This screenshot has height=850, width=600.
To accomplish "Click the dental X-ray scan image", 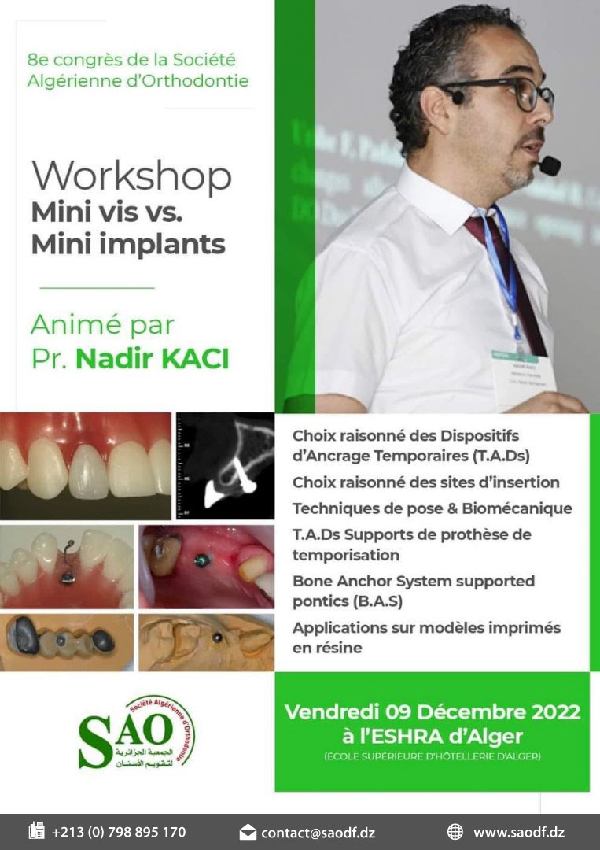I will (224, 466).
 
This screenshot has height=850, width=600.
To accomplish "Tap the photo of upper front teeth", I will (85, 466).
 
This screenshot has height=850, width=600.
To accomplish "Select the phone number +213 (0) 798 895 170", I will (119, 832).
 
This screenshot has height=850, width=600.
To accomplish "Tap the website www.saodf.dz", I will (518, 832).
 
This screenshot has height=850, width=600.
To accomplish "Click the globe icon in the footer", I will (455, 832).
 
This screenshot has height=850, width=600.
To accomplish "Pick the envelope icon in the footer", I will (248, 832).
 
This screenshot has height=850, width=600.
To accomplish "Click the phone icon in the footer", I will (36, 831).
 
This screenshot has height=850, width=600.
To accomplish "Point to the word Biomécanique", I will (523, 508).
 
